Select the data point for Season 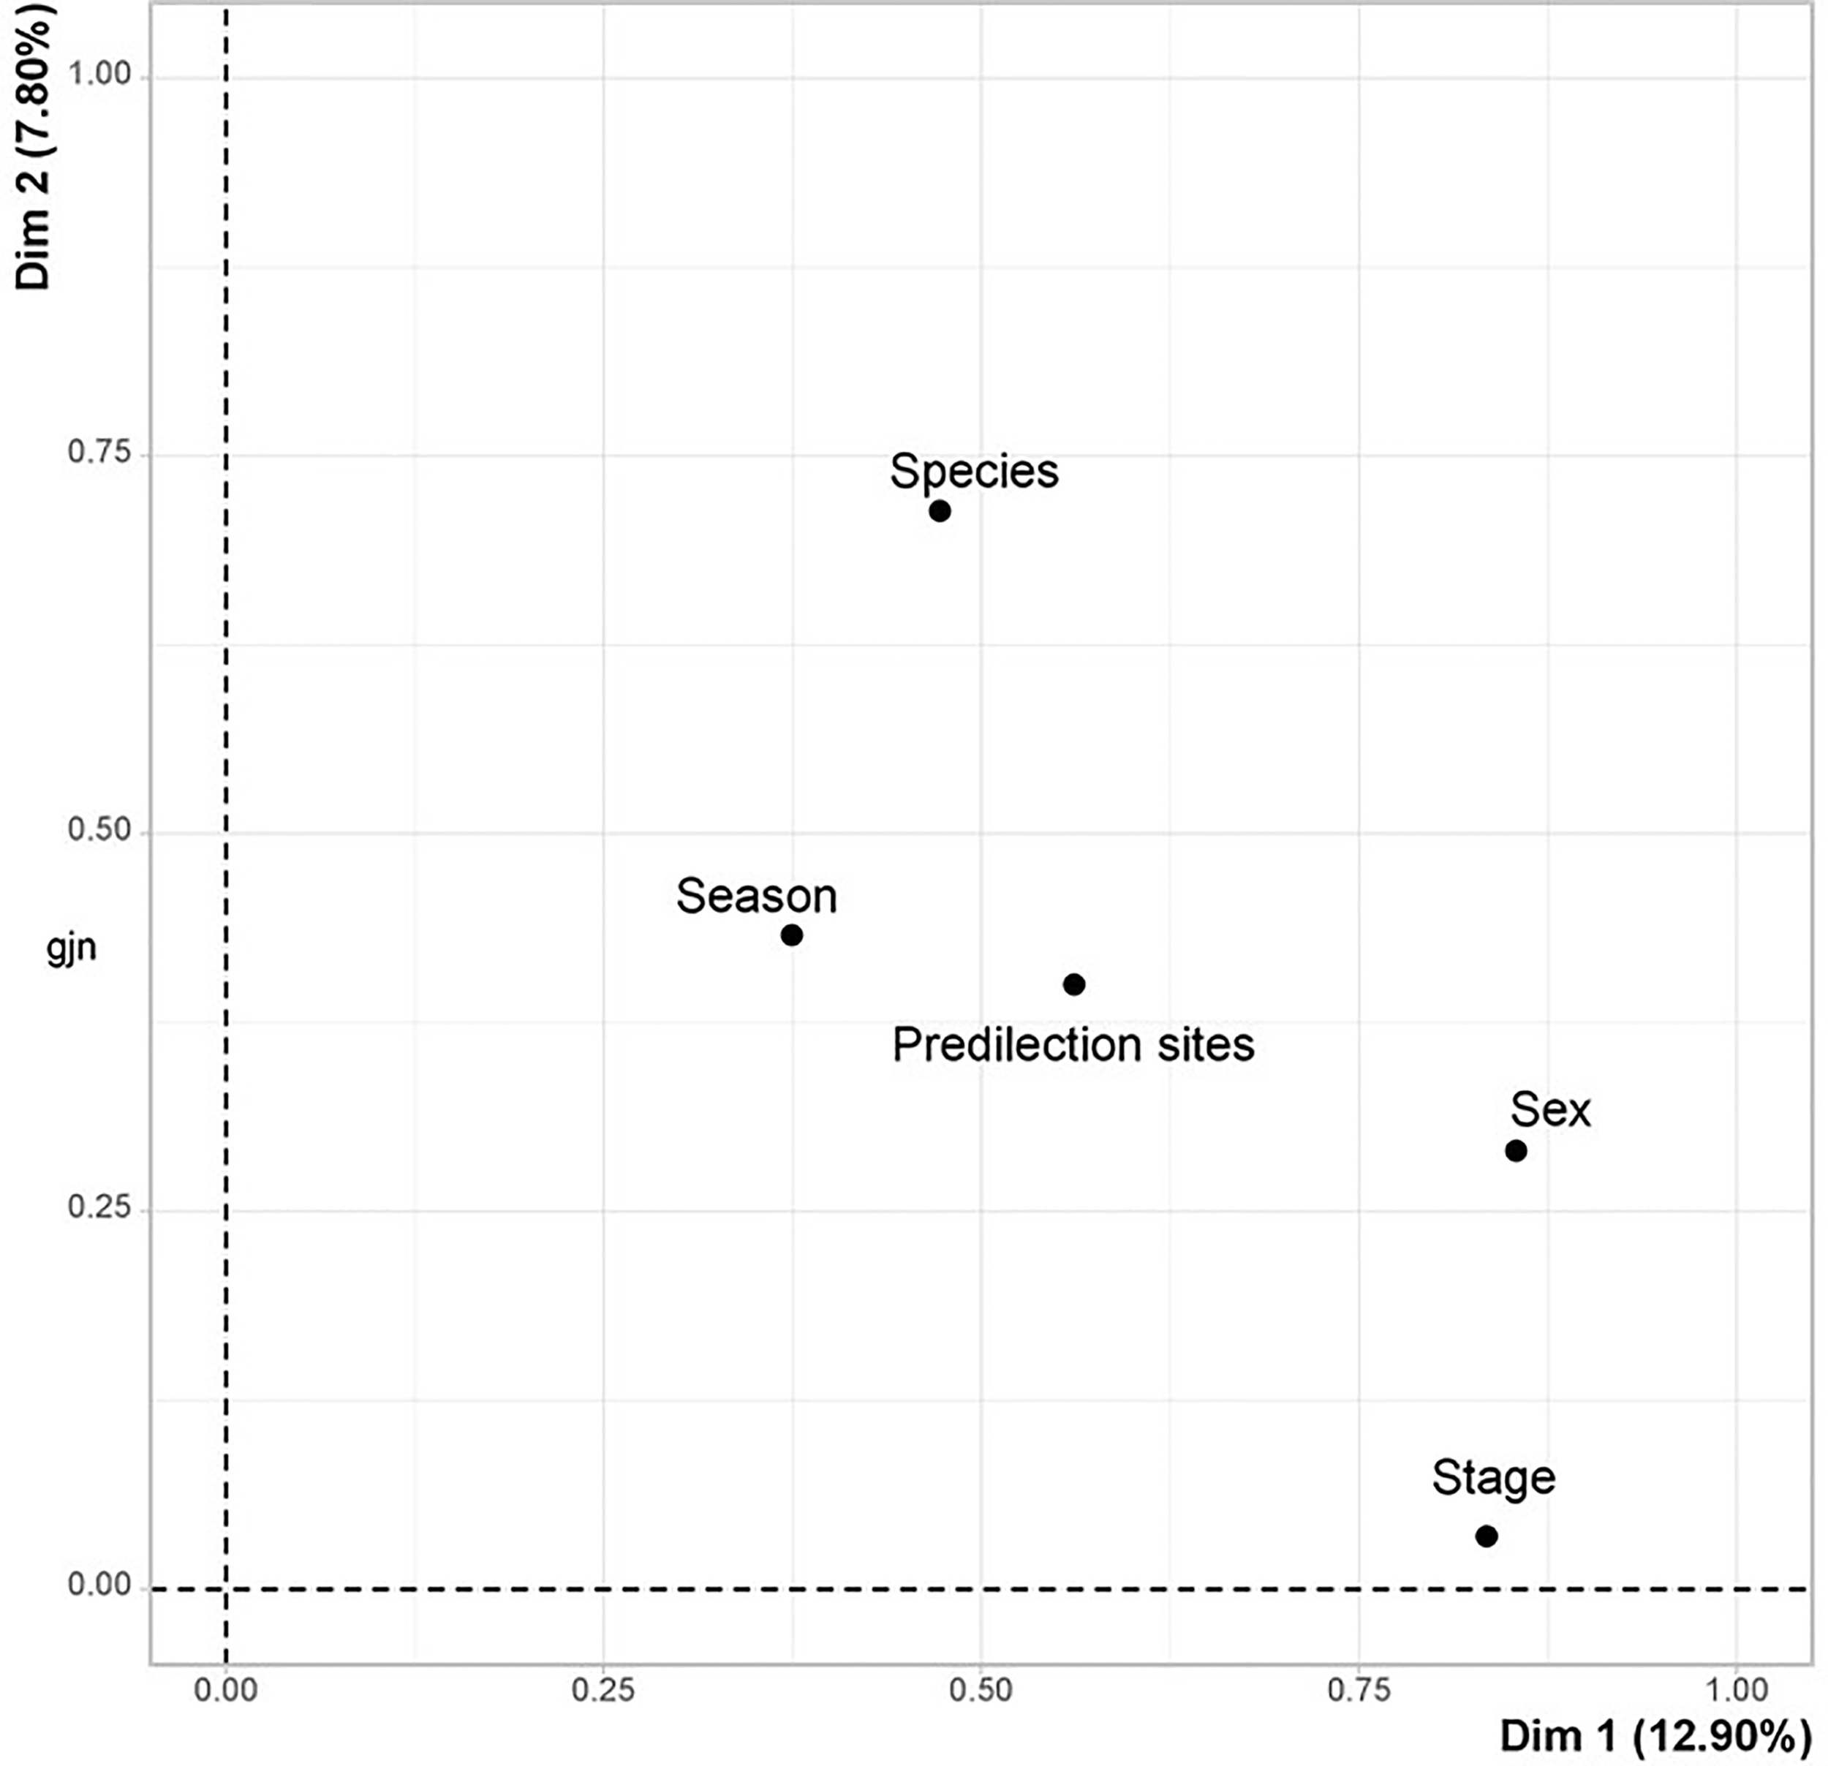coord(791,935)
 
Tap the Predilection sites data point coord(1073,984)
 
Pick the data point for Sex coord(1516,1150)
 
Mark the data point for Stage coord(1487,1536)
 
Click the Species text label coord(974,471)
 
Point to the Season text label coord(756,897)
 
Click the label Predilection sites coord(1073,1045)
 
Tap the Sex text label coord(1550,1110)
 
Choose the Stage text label coord(1493,1478)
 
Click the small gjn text coord(71,948)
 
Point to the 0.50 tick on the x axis coord(981,1689)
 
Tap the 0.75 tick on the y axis coord(99,453)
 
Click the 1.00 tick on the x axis coord(1737,1689)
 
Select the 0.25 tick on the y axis coord(99,1207)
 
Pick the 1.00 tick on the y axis coord(99,74)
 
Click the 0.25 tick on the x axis coord(603,1689)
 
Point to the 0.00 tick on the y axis coord(99,1585)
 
